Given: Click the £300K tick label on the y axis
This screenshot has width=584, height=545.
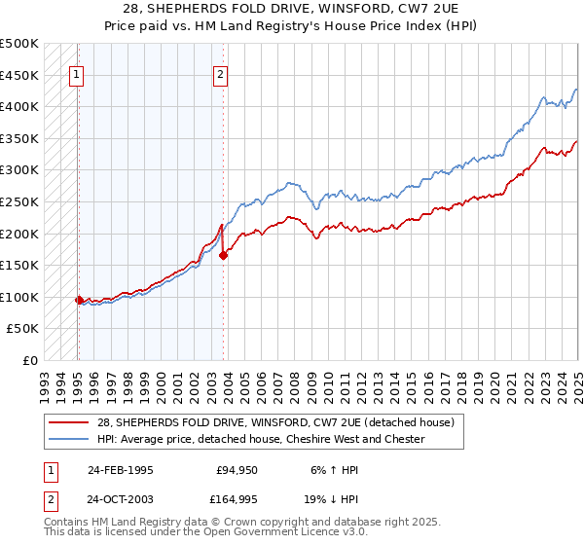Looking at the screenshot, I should (20, 170).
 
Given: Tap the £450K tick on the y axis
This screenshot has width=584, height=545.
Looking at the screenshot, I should (20, 75).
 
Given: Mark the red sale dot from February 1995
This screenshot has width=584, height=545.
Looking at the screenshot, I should (79, 300).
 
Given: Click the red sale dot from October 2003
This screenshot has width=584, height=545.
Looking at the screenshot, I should (223, 256).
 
